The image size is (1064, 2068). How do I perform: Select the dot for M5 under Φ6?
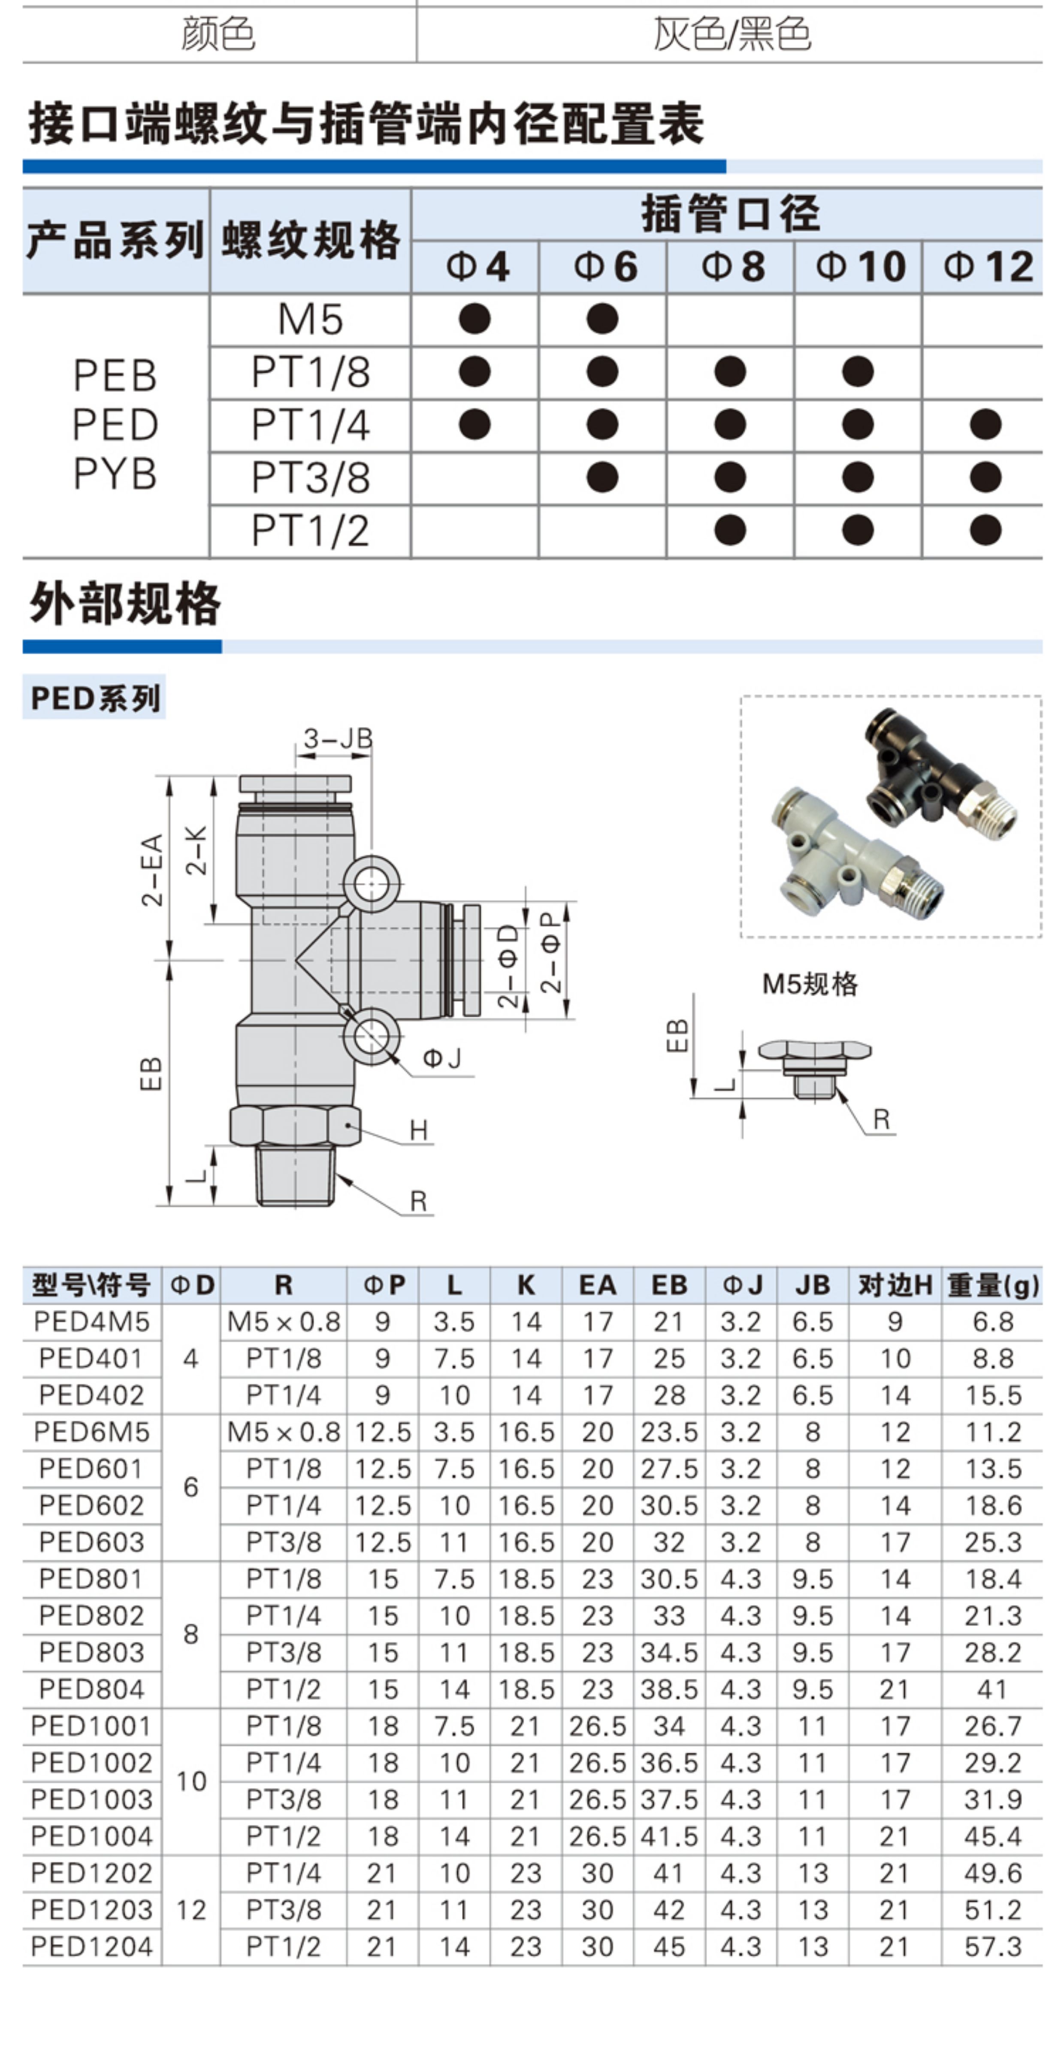602,319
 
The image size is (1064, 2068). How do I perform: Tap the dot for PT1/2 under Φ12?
985,530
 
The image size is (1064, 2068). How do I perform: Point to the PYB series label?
115,474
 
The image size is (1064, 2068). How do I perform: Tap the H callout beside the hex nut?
418,1131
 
